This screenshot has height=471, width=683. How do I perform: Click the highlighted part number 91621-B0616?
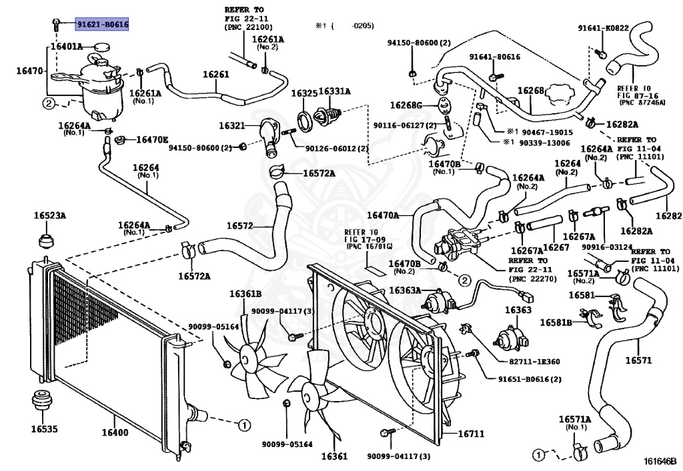[x=102, y=24]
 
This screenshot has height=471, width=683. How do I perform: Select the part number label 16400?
[x=114, y=433]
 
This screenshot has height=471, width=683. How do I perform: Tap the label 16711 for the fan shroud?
[x=471, y=434]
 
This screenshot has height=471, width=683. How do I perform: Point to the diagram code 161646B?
[x=660, y=460]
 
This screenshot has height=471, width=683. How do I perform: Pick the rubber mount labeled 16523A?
[x=45, y=238]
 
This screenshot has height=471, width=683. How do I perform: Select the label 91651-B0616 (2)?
[x=530, y=379]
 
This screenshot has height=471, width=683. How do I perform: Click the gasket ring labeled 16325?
[x=304, y=121]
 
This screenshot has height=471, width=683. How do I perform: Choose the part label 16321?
[x=233, y=125]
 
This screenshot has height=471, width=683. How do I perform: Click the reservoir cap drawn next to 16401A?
[x=101, y=47]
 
